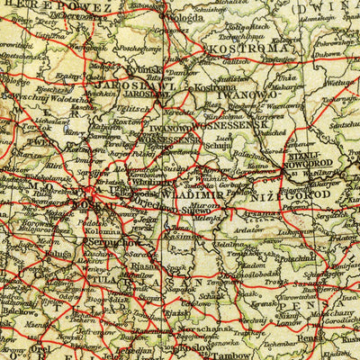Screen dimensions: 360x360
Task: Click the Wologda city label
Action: coord(197,15)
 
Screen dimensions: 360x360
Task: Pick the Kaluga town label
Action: coord(37,255)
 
